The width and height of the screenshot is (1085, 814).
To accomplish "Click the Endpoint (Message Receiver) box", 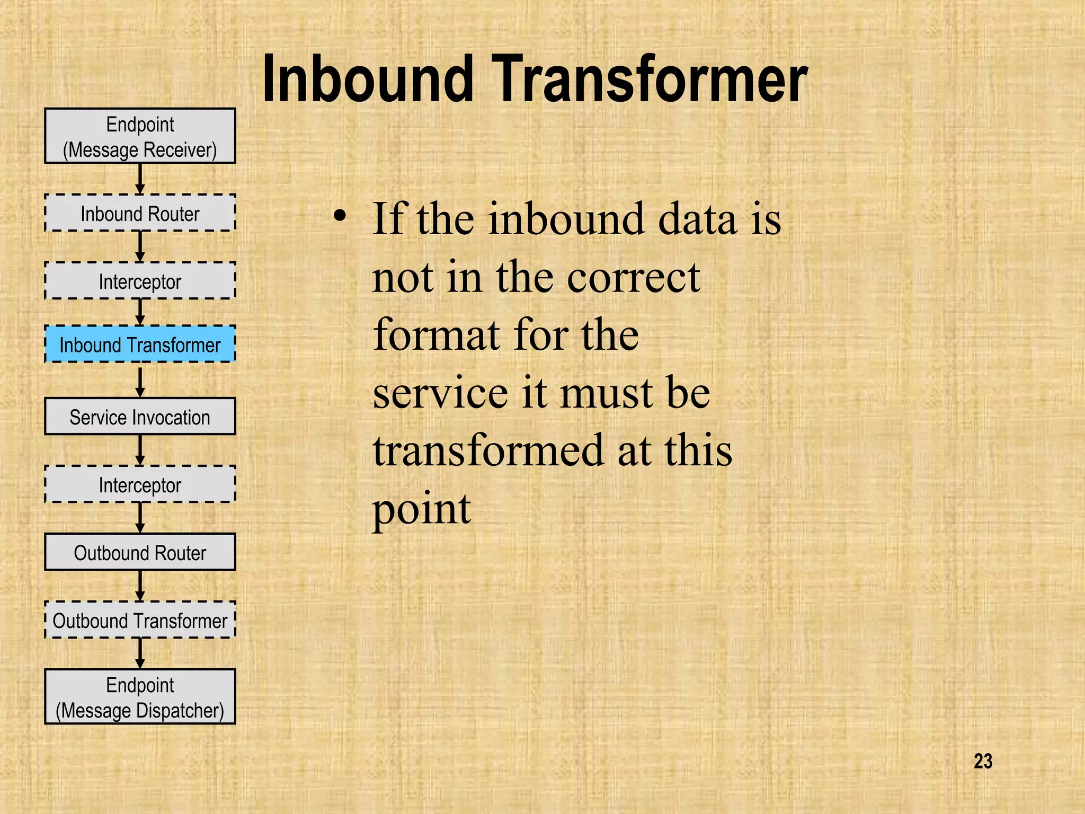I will [140, 136].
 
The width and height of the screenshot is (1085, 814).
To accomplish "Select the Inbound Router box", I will [140, 213].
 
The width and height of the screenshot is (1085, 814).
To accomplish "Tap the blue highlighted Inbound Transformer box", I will [140, 344].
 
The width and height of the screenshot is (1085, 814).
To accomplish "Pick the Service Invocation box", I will [140, 417].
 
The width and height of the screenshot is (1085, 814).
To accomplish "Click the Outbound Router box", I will [140, 552].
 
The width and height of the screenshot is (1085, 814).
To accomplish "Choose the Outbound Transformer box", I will [140, 620].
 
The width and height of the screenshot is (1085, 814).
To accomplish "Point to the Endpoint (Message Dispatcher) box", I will [140, 697].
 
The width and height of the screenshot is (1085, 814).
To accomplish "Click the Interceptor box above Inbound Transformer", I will [140, 281].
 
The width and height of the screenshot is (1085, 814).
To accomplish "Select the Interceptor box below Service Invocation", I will [140, 484].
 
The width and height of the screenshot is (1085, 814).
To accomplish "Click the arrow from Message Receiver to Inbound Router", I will [140, 179].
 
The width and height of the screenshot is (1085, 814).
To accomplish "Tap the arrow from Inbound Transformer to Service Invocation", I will [140, 381].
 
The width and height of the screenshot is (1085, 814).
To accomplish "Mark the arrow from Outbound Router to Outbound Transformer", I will [140, 586].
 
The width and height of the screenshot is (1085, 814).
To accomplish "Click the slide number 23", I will [983, 761].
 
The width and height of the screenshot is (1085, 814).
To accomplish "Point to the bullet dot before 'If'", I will [340, 216].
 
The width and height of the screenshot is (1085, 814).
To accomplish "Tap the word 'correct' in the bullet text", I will [634, 278].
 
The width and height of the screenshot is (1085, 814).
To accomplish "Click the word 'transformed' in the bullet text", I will [488, 450].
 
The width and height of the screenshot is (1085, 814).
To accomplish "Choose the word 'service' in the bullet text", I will [440, 393].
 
